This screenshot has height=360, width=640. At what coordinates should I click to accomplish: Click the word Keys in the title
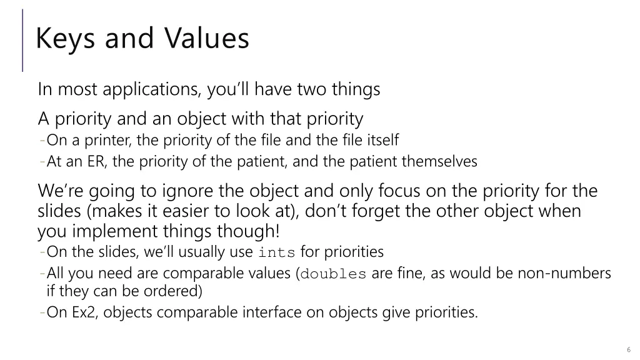[64, 39]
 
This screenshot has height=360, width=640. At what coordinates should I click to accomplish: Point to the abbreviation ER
[97, 162]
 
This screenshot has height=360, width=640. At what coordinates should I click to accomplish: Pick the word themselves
[439, 162]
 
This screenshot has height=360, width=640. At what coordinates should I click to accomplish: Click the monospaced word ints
[277, 253]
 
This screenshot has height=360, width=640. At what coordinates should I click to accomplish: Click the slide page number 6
[627, 349]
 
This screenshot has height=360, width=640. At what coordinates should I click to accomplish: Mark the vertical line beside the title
[23, 40]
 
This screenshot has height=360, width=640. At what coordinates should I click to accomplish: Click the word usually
[190, 252]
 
